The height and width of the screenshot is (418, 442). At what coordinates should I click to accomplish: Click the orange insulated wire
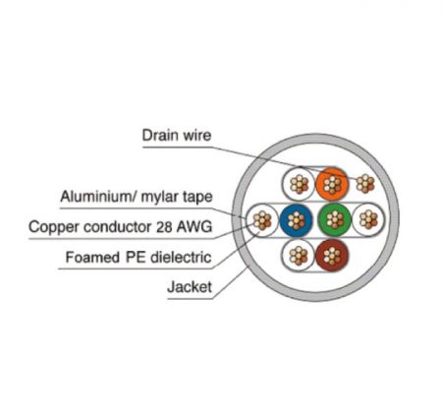point(332,184)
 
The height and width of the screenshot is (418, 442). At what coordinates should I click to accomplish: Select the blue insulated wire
point(297,220)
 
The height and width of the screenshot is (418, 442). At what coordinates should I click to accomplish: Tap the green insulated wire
point(334,219)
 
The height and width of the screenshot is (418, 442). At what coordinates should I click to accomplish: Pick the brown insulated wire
point(332,256)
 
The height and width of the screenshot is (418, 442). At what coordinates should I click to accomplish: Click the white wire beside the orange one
point(299,184)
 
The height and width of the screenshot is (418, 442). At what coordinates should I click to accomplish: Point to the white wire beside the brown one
point(299,256)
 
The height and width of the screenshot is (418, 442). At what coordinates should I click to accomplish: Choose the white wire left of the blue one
point(262,220)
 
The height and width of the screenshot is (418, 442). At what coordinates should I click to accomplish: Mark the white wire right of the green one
point(368,219)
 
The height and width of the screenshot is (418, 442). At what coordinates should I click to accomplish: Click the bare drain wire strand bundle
point(365,184)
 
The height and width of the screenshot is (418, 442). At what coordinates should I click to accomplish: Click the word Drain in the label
point(160,135)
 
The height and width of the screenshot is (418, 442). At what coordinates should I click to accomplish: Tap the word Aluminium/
point(98,197)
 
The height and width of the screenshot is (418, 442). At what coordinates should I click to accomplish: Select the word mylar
point(159,198)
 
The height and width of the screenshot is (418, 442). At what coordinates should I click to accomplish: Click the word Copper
point(54,227)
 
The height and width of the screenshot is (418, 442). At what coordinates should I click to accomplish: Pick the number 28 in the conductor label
point(164,227)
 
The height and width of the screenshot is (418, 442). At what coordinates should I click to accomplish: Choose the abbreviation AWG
point(194,227)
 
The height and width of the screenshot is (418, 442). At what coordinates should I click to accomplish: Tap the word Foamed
point(92,258)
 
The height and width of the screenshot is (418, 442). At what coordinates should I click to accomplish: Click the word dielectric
point(181,258)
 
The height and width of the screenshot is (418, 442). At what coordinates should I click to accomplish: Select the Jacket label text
point(190,287)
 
